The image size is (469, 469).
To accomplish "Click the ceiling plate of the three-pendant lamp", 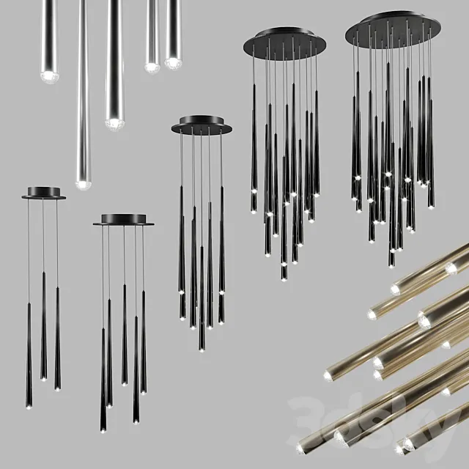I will coord(43,193).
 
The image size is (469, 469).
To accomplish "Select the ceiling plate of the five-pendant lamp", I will coord(123,220).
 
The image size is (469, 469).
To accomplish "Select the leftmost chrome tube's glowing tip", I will coord(49,75).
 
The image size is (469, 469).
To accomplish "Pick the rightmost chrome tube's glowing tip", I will coord(173,62).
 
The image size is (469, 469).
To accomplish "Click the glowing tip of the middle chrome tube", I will coord(114,122).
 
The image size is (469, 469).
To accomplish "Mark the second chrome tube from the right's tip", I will coord(152,67).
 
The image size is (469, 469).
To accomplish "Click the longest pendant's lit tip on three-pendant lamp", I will coord(29,405).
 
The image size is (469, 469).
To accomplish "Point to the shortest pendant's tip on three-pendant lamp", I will coord(43,378).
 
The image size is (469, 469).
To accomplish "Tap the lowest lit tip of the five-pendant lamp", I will coord(103,429).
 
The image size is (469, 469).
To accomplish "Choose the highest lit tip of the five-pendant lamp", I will coord(124,382).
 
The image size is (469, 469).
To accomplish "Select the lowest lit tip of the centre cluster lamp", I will coord(202,347).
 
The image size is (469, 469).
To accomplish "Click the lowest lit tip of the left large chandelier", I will coord(284,278).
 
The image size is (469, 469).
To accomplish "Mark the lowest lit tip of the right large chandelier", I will coord(391,264).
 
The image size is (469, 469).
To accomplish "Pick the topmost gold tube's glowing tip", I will coord(451,268).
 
